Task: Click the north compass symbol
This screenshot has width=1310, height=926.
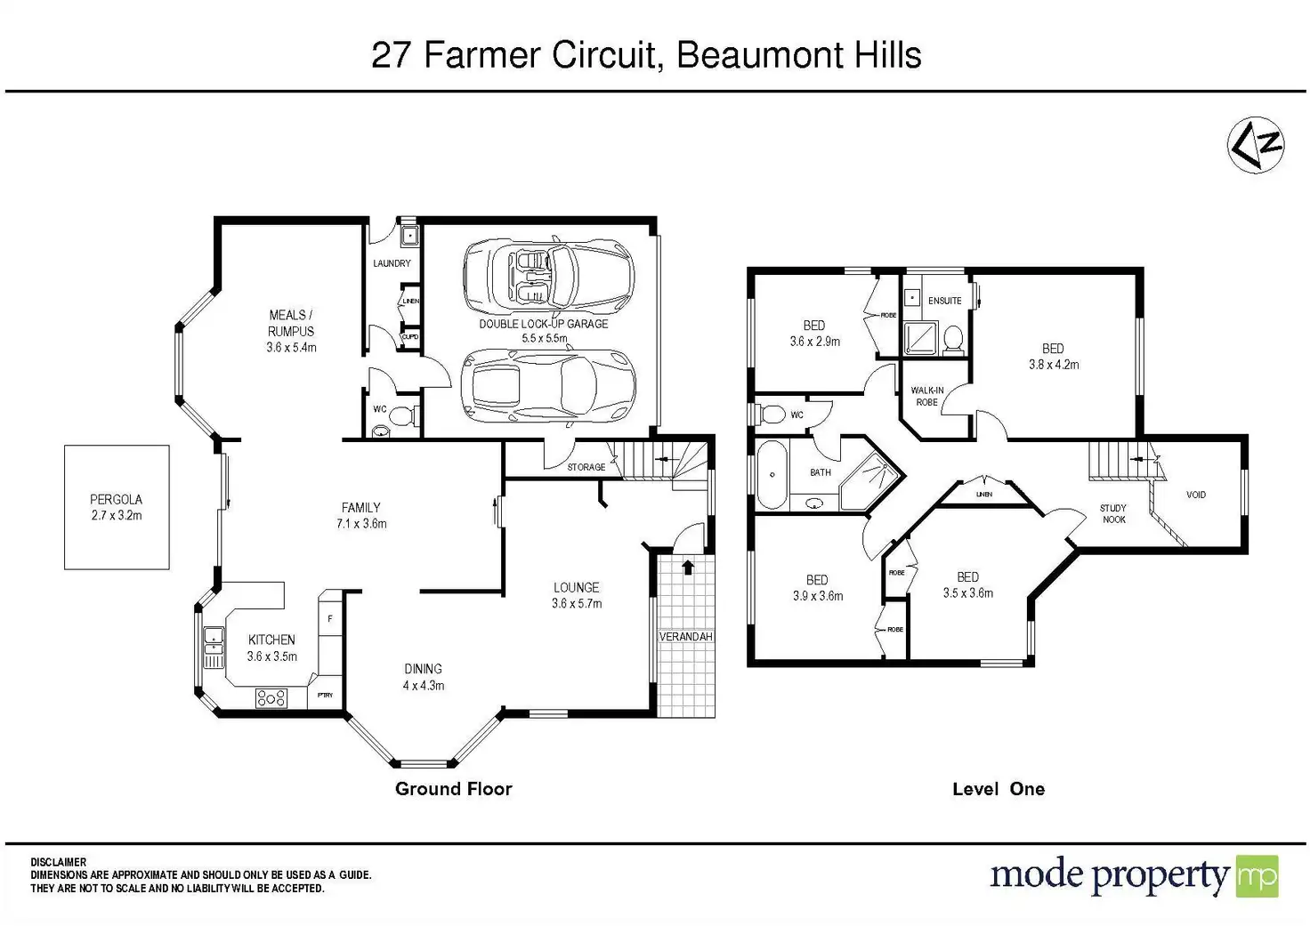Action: click(1257, 145)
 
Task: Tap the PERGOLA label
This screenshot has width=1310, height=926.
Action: click(116, 500)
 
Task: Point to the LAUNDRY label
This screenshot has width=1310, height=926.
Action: click(392, 263)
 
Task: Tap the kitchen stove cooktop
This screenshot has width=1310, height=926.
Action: click(271, 697)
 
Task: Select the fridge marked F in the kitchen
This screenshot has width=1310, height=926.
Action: click(330, 617)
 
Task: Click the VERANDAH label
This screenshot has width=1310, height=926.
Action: click(685, 637)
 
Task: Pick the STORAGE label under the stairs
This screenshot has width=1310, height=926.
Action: click(586, 467)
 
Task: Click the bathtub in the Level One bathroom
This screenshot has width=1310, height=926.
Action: click(772, 474)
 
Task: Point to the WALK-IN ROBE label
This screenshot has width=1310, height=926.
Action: click(927, 396)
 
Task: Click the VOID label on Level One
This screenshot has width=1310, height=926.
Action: click(1196, 495)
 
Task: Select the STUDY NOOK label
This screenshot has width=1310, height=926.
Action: click(1113, 513)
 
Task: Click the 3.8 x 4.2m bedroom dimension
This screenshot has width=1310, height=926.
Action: click(1054, 364)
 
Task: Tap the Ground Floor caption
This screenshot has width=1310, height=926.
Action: click(453, 788)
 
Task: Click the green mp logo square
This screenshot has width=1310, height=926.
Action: click(1257, 876)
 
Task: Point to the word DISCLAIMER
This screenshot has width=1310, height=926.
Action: click(59, 862)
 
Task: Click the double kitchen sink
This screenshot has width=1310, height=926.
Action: click(214, 647)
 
